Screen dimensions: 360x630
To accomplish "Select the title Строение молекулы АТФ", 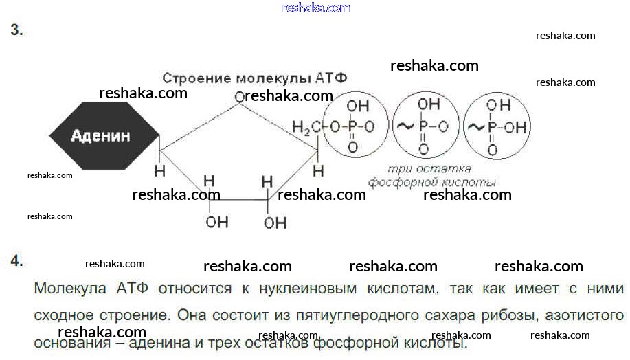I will (x=254, y=78).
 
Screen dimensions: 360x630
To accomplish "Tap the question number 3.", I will (x=16, y=31).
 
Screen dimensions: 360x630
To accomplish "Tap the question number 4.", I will (x=16, y=260).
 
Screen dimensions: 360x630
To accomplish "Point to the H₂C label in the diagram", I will (x=305, y=127).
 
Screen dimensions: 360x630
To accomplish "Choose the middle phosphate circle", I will (x=424, y=126).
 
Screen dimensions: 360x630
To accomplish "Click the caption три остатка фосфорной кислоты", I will (x=431, y=176).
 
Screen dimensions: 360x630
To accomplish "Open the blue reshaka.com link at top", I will (x=316, y=8).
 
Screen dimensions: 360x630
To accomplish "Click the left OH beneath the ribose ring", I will (x=217, y=221).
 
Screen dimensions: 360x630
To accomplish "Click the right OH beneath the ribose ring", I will (x=275, y=222).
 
